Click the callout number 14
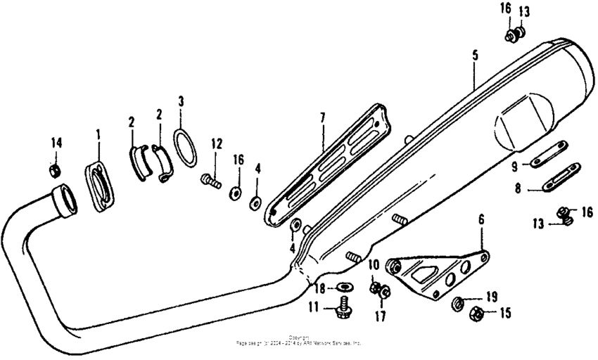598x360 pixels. (x=56, y=143)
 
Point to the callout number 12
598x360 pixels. (x=216, y=144)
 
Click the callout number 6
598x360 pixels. (x=481, y=219)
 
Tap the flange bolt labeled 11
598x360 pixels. (x=345, y=304)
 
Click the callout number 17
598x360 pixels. (x=380, y=316)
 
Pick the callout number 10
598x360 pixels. (x=374, y=264)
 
